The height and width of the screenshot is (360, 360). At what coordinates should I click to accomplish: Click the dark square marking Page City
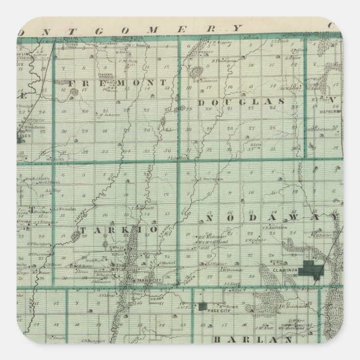pos(203,307)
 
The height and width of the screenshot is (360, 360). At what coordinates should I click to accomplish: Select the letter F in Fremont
pos(72,83)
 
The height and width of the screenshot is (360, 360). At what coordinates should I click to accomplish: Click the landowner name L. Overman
pos(211,180)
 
